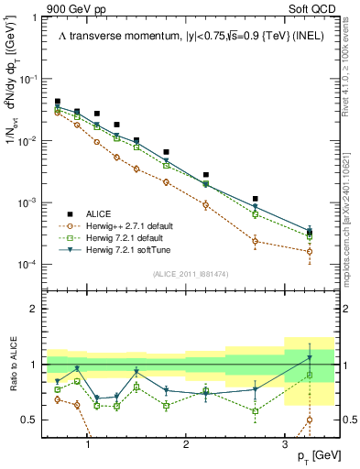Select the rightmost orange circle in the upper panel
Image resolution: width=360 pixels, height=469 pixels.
310,251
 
